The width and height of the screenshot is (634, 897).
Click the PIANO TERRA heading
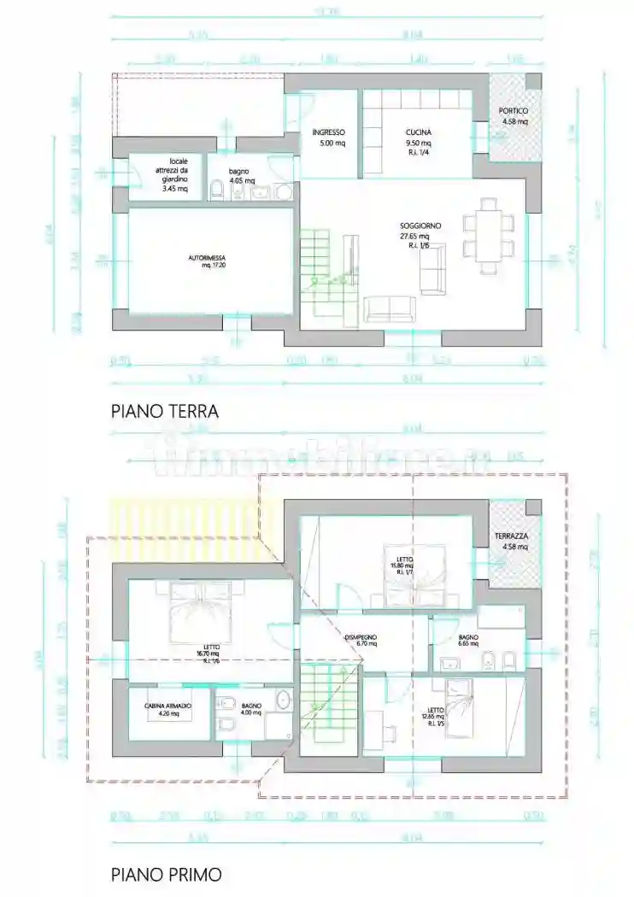click(x=165, y=411)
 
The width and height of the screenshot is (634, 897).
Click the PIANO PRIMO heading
click(x=167, y=874)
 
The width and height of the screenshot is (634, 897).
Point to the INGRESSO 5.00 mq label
click(x=328, y=138)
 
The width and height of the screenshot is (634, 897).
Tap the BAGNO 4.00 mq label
click(x=250, y=710)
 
